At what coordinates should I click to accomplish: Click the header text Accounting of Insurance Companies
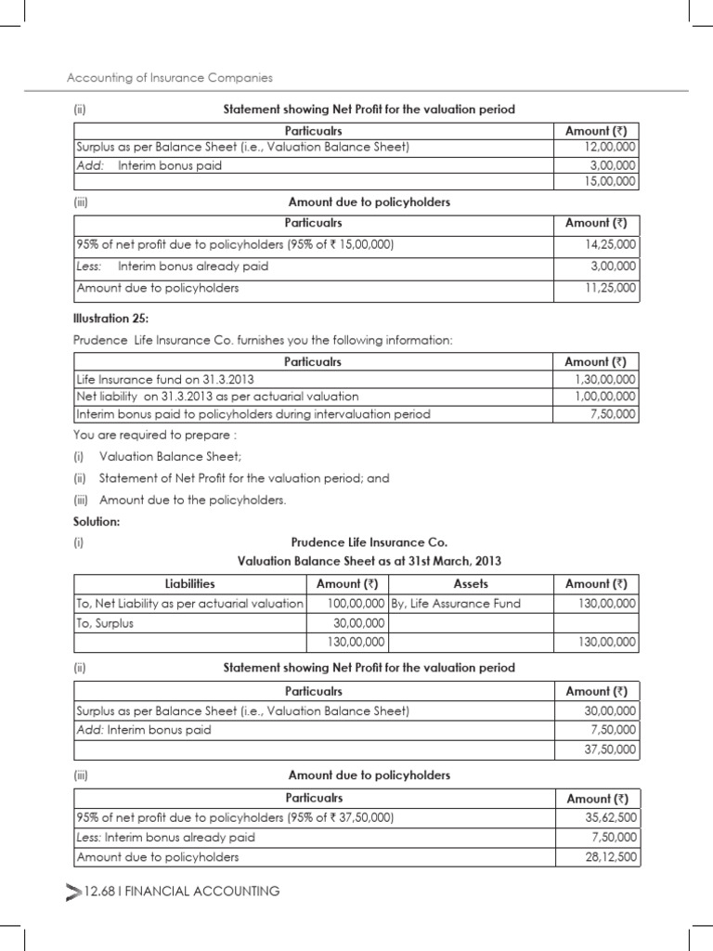(171, 78)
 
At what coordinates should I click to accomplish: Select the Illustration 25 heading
(110, 319)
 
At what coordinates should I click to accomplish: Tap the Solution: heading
(97, 521)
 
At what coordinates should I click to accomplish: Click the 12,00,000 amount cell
(609, 148)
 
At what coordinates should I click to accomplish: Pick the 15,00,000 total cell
(609, 182)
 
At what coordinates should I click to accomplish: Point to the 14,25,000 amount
(609, 244)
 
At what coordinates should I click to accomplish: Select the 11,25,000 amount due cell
(609, 288)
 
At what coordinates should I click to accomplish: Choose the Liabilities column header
(189, 584)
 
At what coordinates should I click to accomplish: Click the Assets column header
(471, 584)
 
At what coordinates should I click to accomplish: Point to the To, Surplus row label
(104, 623)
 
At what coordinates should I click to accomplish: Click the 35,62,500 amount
(609, 818)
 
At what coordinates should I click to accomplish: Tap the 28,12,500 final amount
(609, 857)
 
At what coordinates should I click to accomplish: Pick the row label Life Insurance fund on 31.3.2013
(164, 380)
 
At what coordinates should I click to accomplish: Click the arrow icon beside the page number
(73, 892)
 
